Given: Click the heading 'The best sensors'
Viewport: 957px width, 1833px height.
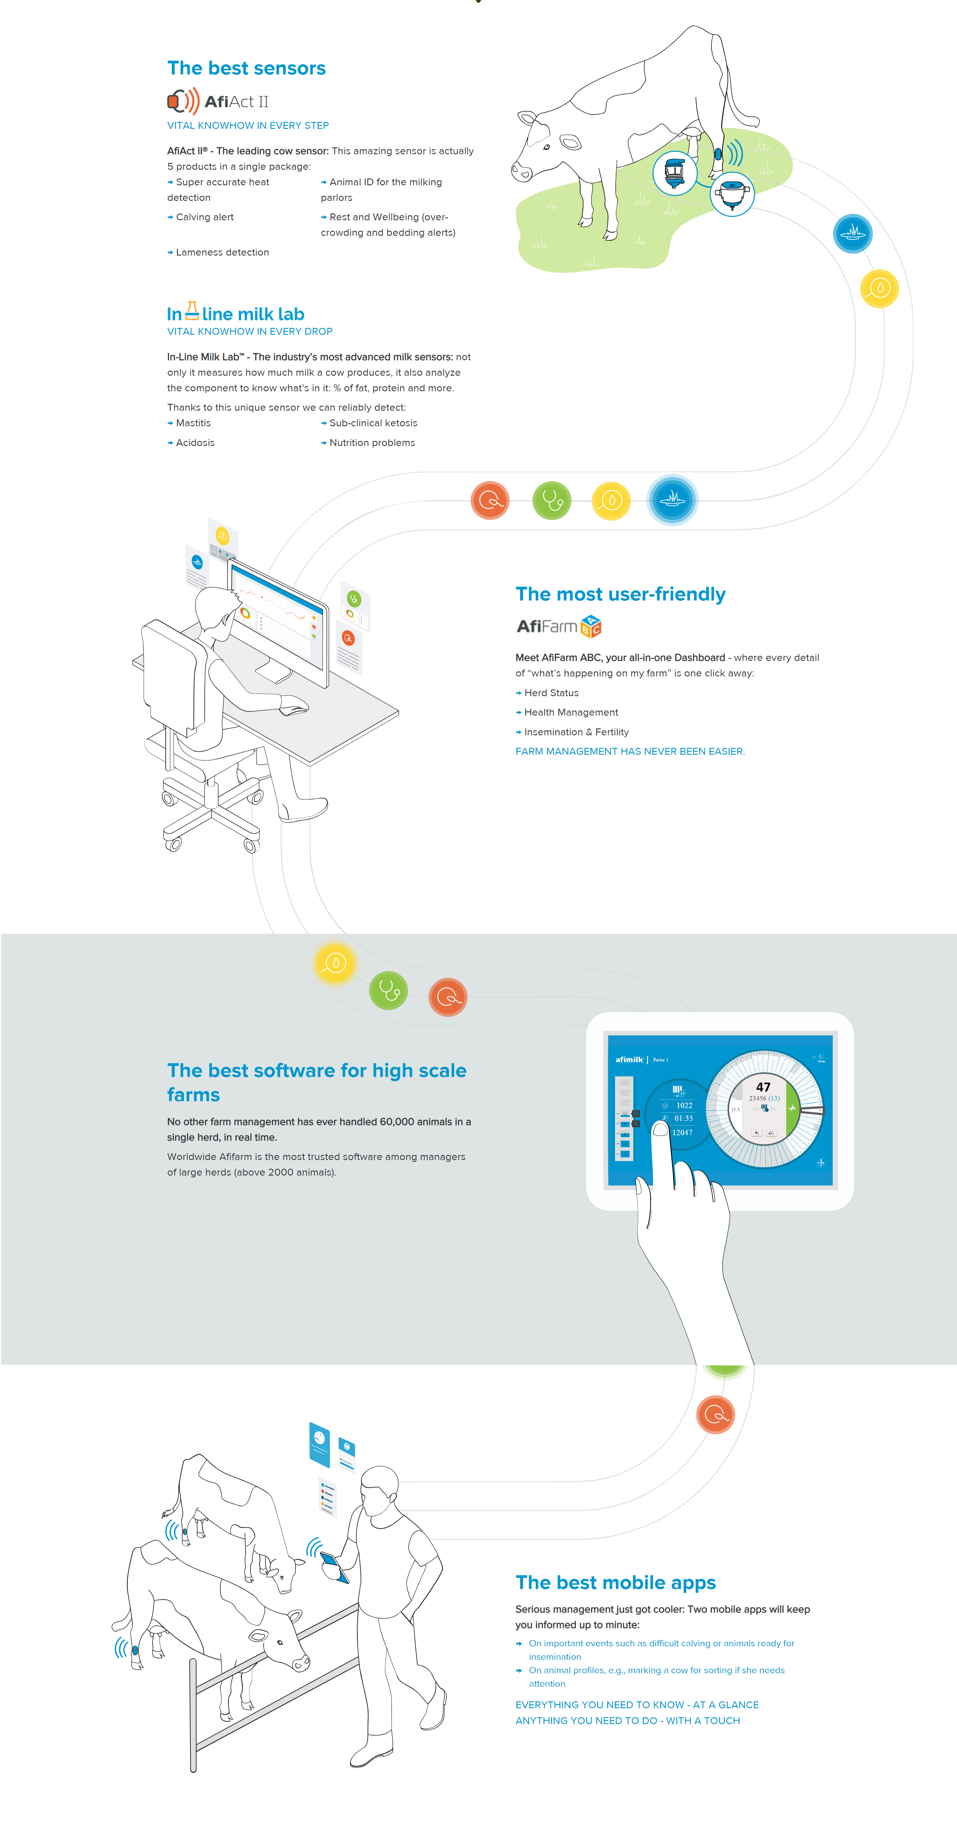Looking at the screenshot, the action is coord(246,68).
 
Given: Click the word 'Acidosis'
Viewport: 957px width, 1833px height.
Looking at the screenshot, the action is coord(195,443).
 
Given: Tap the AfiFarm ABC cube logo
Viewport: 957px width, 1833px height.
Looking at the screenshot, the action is coord(591,626).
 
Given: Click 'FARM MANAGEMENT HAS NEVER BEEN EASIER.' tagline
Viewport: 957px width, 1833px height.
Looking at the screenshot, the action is coord(630,751).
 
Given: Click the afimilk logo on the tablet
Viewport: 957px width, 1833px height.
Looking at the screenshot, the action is coord(629,1060).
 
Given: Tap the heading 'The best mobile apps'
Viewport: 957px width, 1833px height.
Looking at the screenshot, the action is coord(615,1583).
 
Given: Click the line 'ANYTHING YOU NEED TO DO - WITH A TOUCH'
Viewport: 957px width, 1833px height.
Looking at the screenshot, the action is coord(628,1721).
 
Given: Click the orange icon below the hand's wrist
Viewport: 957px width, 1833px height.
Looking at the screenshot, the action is coord(715,1415).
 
